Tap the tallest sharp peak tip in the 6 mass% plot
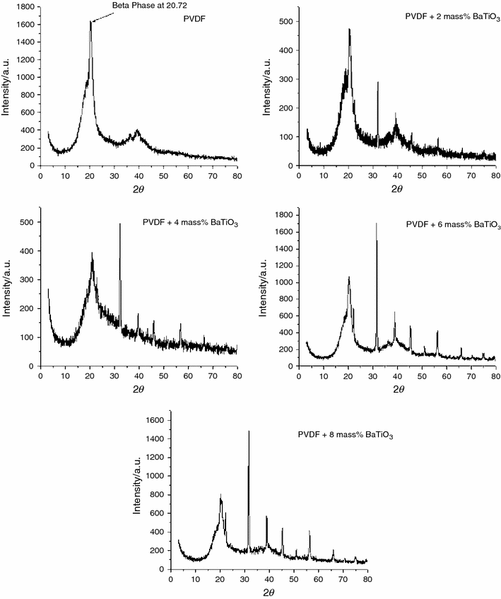click(x=376, y=223)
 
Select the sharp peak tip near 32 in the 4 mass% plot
click(x=120, y=223)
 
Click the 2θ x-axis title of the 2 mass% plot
click(x=397, y=189)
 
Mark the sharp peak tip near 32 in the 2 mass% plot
click(x=378, y=82)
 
